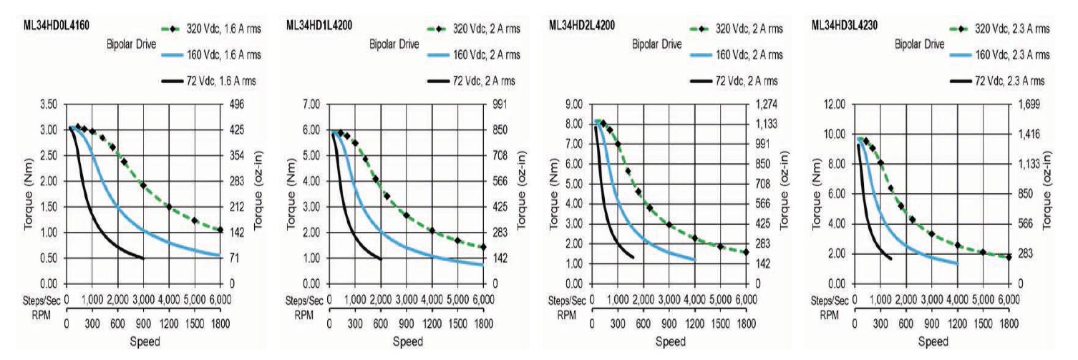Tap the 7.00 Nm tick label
[309, 104]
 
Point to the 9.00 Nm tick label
[573, 104]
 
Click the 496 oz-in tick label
[235, 104]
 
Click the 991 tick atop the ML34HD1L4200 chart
[498, 104]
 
